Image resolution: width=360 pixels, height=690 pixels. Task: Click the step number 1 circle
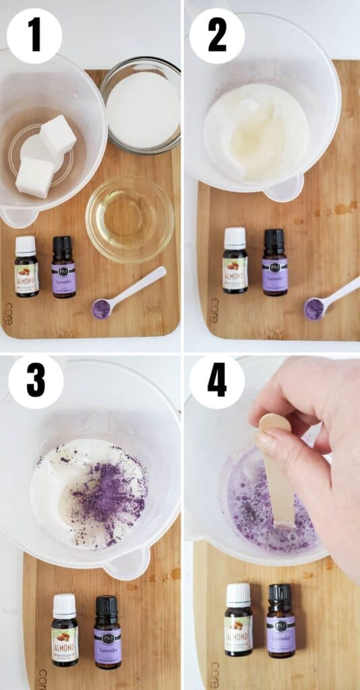tap(34, 36)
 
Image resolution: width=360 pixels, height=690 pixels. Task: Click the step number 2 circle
tap(216, 36)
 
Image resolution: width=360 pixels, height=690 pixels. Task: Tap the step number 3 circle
tap(36, 381)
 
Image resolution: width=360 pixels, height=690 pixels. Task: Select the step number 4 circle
tap(216, 381)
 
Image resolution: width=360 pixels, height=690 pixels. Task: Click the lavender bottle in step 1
tap(63, 268)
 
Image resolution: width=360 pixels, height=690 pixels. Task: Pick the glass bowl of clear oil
tap(129, 219)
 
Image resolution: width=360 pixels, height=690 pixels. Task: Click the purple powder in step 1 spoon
tap(101, 309)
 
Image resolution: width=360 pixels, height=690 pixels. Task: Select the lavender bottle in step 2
tap(275, 263)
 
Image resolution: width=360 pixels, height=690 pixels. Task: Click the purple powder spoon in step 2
tap(314, 308)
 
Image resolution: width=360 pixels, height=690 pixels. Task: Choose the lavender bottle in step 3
tap(107, 633)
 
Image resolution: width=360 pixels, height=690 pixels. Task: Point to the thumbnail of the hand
tap(267, 441)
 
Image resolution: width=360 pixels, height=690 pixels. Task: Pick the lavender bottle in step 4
tap(280, 621)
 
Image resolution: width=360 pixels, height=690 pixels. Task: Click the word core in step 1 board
tap(9, 313)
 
